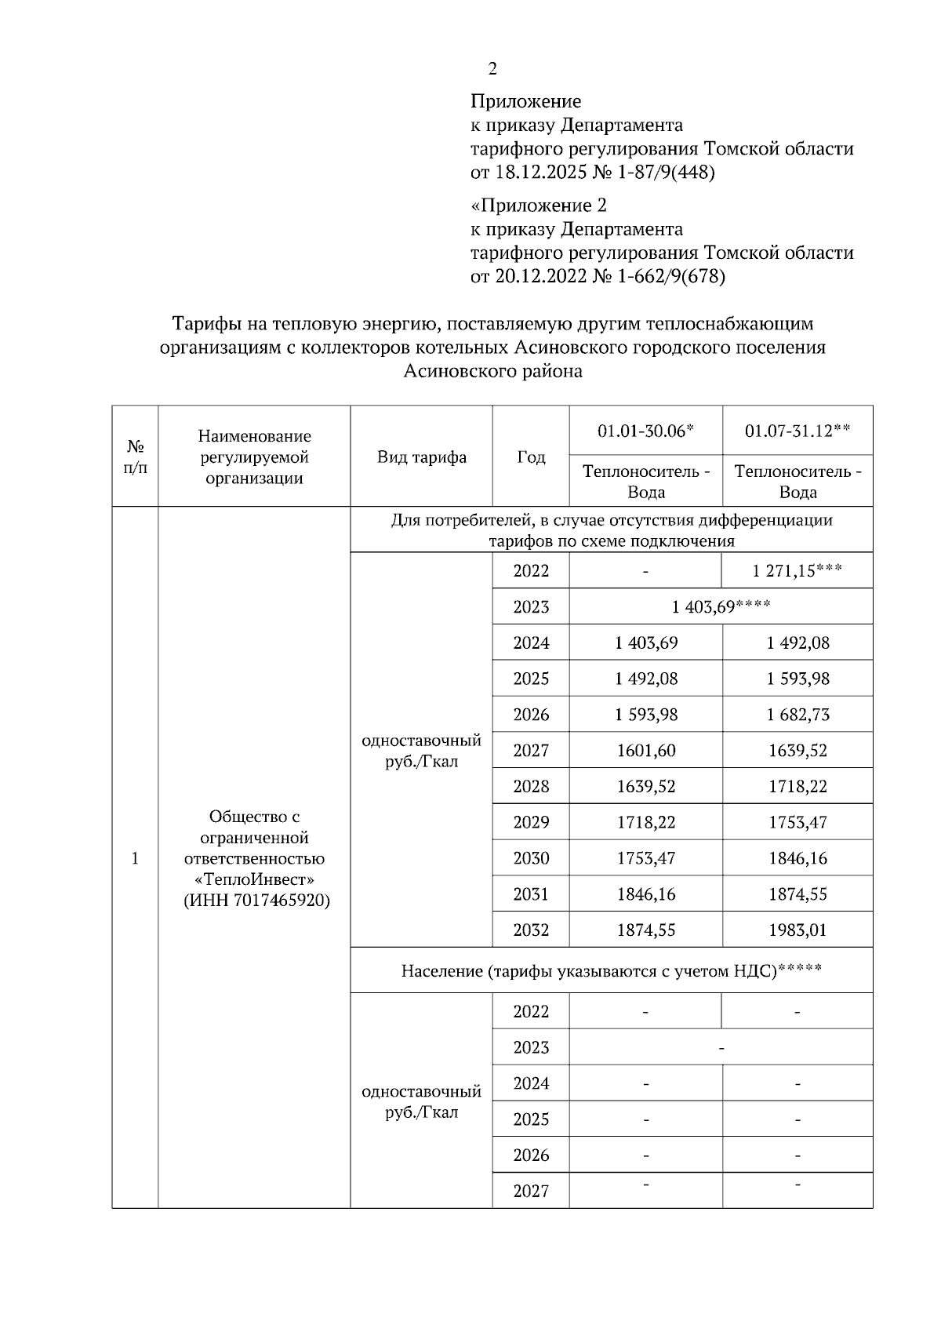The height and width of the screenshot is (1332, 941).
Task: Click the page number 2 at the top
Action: pos(492,69)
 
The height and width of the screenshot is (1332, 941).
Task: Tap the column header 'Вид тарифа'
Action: pos(421,457)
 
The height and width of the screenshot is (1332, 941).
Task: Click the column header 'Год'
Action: pos(531,457)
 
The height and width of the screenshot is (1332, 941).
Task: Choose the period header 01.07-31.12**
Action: pos(797,431)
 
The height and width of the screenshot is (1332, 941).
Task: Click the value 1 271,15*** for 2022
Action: pos(797,571)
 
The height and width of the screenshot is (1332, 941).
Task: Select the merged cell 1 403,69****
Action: pos(721,607)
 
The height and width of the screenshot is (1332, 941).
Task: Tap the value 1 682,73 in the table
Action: pos(797,715)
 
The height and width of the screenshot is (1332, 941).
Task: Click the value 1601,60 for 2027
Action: pos(645,751)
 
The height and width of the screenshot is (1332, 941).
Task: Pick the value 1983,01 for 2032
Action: pos(797,930)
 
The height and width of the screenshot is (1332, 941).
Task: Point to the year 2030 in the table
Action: pos(531,858)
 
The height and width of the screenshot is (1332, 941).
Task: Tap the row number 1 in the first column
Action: pos(135,858)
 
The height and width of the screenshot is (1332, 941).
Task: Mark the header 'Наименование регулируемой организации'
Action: pos(254,457)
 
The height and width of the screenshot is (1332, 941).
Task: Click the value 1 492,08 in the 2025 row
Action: pos(645,679)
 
